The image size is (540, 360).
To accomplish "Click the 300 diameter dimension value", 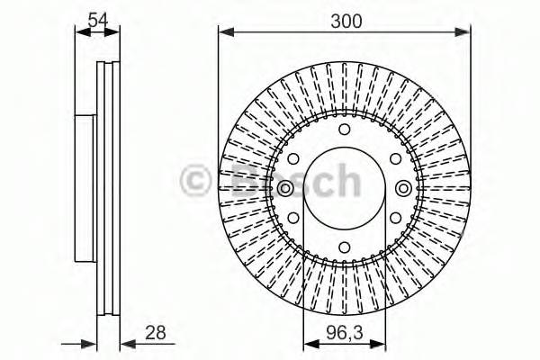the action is click(x=346, y=22).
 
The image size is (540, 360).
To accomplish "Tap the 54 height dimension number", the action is click(x=98, y=20).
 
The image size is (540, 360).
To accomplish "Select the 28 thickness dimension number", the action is click(x=156, y=332).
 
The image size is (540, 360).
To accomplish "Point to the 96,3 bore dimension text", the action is click(x=345, y=333).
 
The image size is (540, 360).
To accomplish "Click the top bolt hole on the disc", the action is click(x=344, y=130).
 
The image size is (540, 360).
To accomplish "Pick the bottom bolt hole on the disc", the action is click(x=344, y=247).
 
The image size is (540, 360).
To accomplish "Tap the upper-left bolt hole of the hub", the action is click(x=293, y=158).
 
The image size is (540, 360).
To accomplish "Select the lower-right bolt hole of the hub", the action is click(x=395, y=218).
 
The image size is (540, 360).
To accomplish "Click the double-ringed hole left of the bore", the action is click(x=284, y=188).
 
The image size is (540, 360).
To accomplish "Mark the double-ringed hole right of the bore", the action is click(x=403, y=188).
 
